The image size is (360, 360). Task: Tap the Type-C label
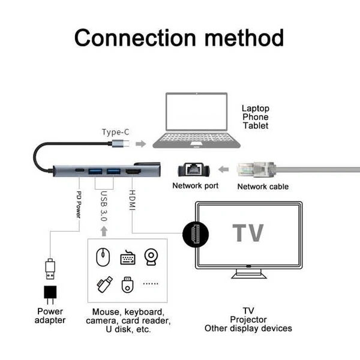[116, 131]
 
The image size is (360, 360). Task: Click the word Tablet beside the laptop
[256, 126]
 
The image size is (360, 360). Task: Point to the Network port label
[196, 186]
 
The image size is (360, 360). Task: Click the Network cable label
[263, 187]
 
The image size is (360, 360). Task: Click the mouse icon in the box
[103, 257]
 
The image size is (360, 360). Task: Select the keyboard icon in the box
[127, 257]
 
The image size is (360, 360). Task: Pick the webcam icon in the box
[150, 257]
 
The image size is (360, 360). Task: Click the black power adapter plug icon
[50, 295]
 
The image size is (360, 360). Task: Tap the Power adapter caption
[50, 316]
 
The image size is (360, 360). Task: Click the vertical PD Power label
[79, 204]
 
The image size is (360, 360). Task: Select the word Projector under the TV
[248, 320]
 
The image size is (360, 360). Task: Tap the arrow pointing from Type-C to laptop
[140, 144]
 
